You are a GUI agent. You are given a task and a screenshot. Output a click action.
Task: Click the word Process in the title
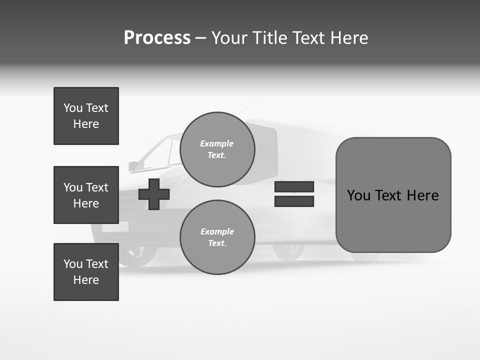[157, 38]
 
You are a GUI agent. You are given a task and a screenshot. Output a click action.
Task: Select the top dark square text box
[86, 116]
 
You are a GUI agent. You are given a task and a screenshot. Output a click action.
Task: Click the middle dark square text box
[86, 195]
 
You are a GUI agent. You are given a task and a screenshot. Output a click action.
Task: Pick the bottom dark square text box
[86, 272]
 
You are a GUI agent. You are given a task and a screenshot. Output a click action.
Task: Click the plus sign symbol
[154, 194]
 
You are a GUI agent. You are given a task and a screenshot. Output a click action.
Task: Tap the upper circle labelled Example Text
[217, 149]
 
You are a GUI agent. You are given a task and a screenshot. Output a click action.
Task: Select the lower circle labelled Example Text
[217, 237]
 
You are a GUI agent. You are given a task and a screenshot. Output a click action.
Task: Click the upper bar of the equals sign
[294, 186]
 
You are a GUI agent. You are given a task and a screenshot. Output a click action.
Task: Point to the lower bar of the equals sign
[294, 201]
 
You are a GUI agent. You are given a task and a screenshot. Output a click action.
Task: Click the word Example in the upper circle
[217, 143]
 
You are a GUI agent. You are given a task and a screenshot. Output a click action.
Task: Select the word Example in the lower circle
[217, 231]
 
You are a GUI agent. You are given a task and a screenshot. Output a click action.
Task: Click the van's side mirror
[133, 166]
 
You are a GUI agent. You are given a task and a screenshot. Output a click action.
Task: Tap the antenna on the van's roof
[248, 107]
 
